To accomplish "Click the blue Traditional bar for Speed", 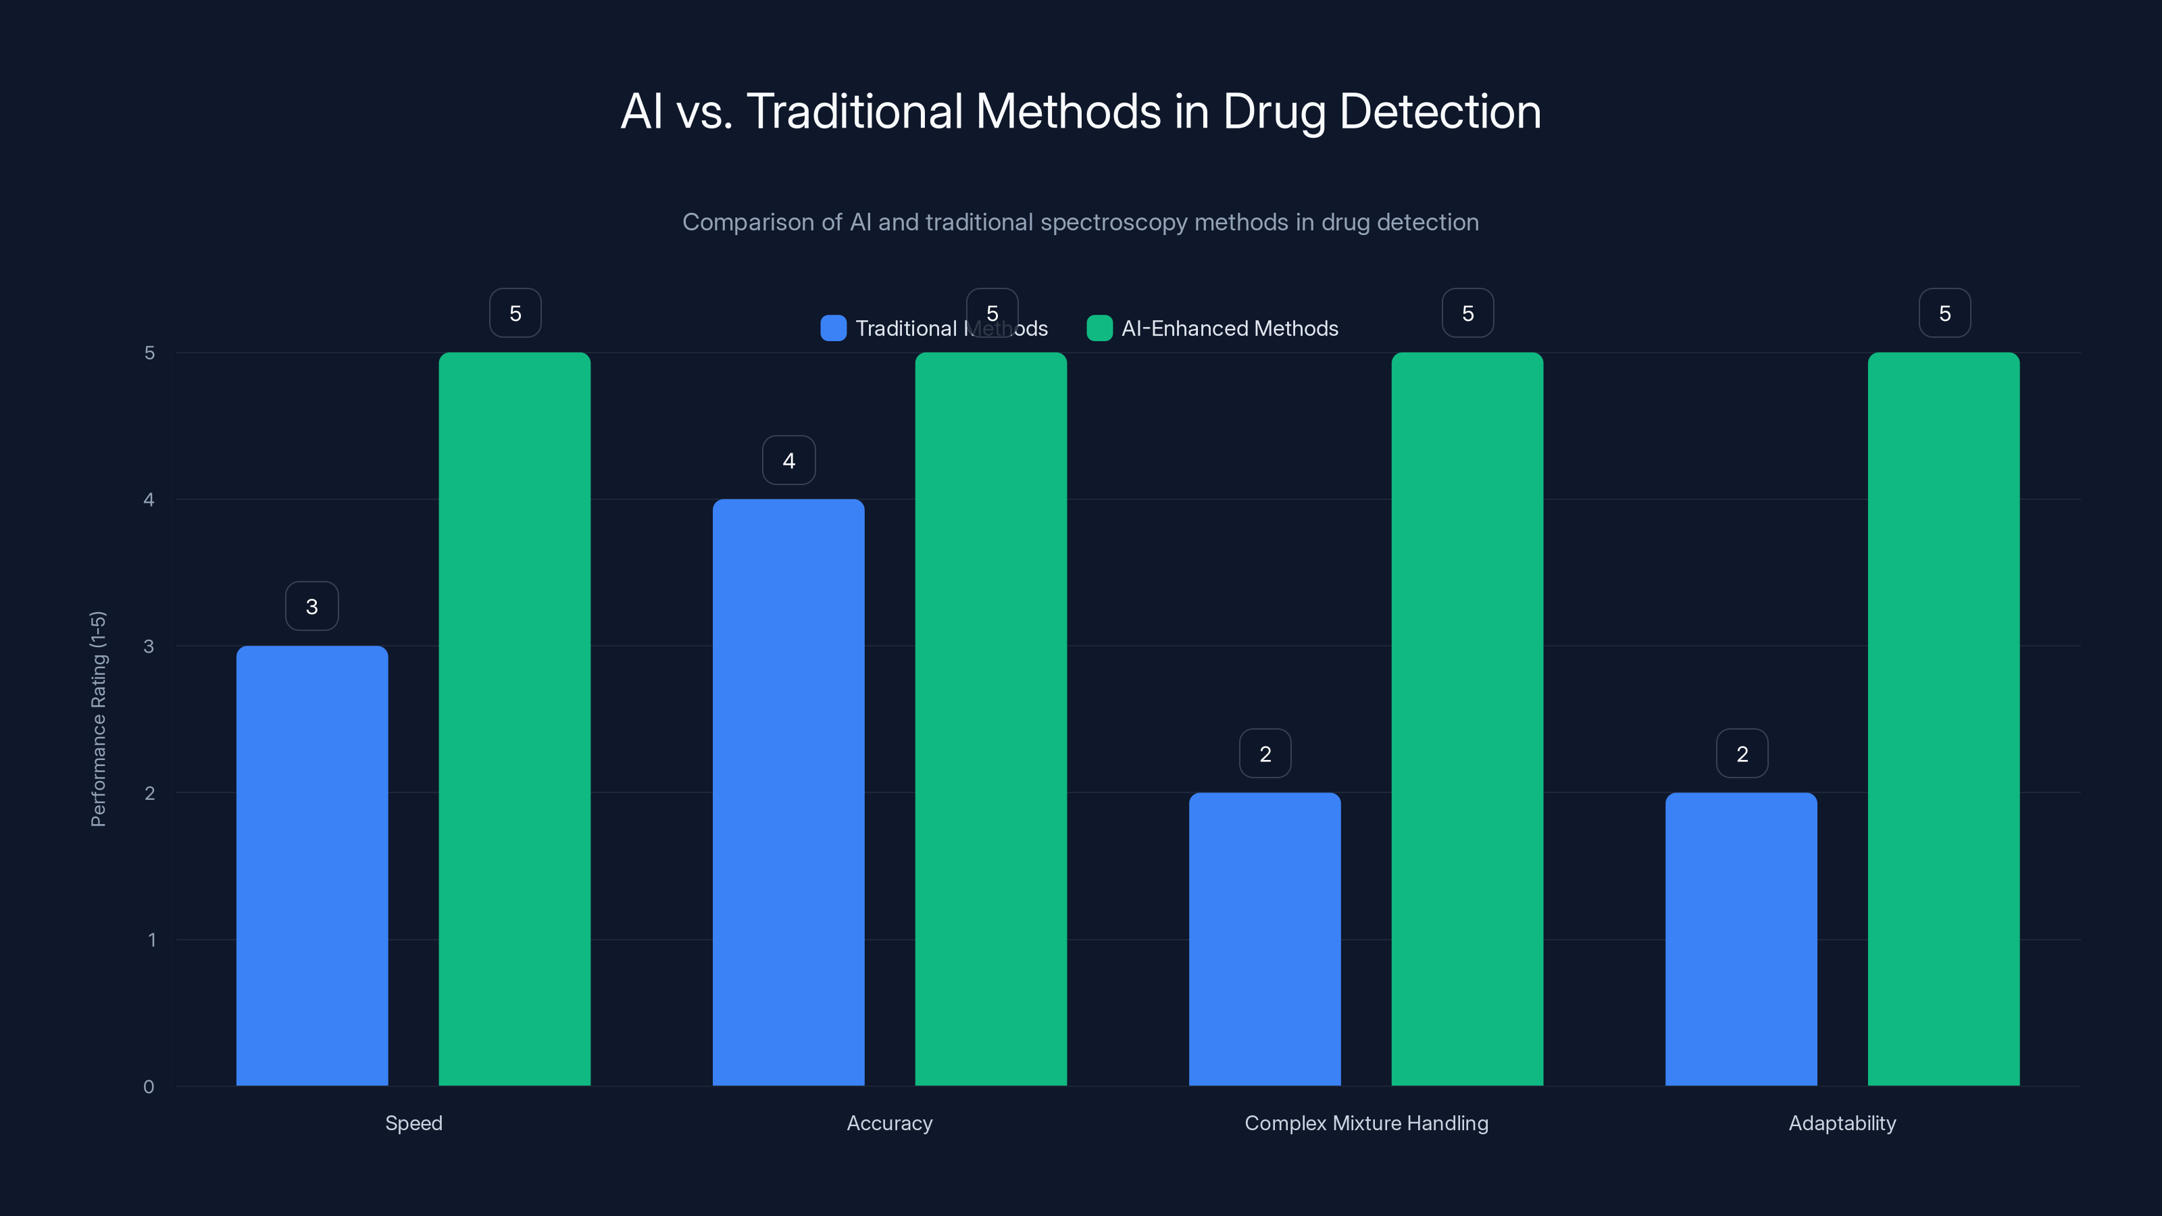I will [x=311, y=865].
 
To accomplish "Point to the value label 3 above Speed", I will [x=311, y=606].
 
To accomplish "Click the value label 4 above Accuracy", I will [x=788, y=460].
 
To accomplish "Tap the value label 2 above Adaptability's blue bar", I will [x=1742, y=754].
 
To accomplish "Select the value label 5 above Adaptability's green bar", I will [x=1944, y=313].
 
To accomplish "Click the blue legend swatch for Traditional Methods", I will [x=832, y=328].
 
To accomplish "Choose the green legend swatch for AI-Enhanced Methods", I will [x=1099, y=328].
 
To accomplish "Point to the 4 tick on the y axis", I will [x=149, y=499].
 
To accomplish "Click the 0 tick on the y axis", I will [x=149, y=1087].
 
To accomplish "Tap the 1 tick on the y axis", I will [x=151, y=940].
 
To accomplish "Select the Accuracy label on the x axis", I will [x=889, y=1123].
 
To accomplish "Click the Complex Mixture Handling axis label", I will [x=1365, y=1123].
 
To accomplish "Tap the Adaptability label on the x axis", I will [x=1841, y=1123].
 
